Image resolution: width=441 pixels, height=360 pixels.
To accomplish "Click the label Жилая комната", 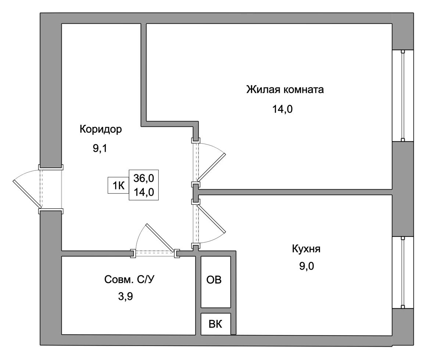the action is pos(285,90).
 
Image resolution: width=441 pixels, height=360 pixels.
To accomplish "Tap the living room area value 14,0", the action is pos(282,109).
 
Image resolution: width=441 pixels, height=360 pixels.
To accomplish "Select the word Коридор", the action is pos(101,129).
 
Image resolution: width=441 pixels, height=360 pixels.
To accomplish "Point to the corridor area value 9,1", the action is pos(100,148).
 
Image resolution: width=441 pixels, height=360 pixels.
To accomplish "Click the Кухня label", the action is pos(306,249).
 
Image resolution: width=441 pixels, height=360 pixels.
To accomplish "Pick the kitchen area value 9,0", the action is pos(306,266).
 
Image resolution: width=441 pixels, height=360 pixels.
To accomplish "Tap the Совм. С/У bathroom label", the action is pos(129,279).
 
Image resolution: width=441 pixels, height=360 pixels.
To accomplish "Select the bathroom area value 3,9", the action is pos(125,296).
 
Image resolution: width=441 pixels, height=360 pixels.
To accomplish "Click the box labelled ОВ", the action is pos(216,282).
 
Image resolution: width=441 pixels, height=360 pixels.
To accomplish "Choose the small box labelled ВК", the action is pos(216,324).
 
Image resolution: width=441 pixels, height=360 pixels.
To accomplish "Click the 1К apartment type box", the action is pos(118,185).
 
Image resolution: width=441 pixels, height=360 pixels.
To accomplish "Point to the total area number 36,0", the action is pos(144,178).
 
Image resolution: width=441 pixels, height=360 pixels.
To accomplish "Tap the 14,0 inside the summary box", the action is pos(144,192).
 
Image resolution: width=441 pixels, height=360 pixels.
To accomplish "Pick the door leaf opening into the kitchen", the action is pos(211,219).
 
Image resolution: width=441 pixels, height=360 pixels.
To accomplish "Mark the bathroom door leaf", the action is pos(160,238).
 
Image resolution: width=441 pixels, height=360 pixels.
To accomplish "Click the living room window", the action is pos(403,96).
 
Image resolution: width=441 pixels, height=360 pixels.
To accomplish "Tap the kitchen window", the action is pos(403,273).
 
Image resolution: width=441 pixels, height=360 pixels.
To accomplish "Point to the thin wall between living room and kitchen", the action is pos(295,192).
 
